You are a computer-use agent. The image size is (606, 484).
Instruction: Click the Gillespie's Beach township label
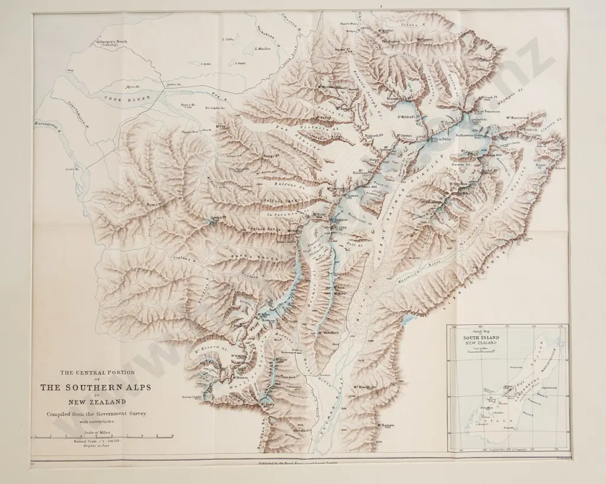tap(115, 43)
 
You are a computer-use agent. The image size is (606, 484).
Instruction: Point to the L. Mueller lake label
tap(262, 49)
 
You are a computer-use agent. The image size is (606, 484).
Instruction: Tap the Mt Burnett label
tap(383, 424)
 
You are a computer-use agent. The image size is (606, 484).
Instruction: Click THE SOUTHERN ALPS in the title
tap(95, 387)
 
